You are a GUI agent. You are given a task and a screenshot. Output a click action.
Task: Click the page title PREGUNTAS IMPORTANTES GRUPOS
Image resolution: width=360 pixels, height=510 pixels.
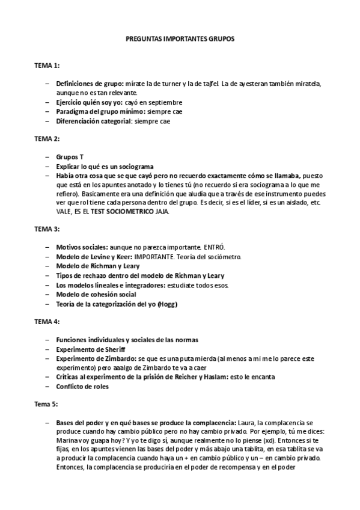coord(180,38)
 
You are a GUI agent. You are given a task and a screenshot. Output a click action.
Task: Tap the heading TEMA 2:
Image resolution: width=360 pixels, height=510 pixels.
coord(47,138)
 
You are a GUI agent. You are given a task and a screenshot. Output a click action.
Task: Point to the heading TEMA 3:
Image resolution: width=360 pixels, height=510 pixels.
coord(47,230)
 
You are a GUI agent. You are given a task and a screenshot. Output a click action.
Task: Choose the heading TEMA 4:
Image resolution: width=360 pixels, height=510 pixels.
coord(47,322)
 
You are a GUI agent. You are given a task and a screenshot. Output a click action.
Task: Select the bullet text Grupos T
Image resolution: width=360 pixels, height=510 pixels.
coord(70,157)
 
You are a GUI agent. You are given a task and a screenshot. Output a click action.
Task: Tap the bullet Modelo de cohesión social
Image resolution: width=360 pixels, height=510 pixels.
coord(96,294)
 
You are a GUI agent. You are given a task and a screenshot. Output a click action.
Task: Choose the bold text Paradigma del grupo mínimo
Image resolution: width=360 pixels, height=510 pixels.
coord(100,112)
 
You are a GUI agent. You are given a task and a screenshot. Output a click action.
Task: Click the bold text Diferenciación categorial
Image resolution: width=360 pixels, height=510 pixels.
coord(93,121)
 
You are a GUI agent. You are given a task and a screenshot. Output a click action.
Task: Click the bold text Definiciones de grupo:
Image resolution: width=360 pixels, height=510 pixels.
coord(90,83)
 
